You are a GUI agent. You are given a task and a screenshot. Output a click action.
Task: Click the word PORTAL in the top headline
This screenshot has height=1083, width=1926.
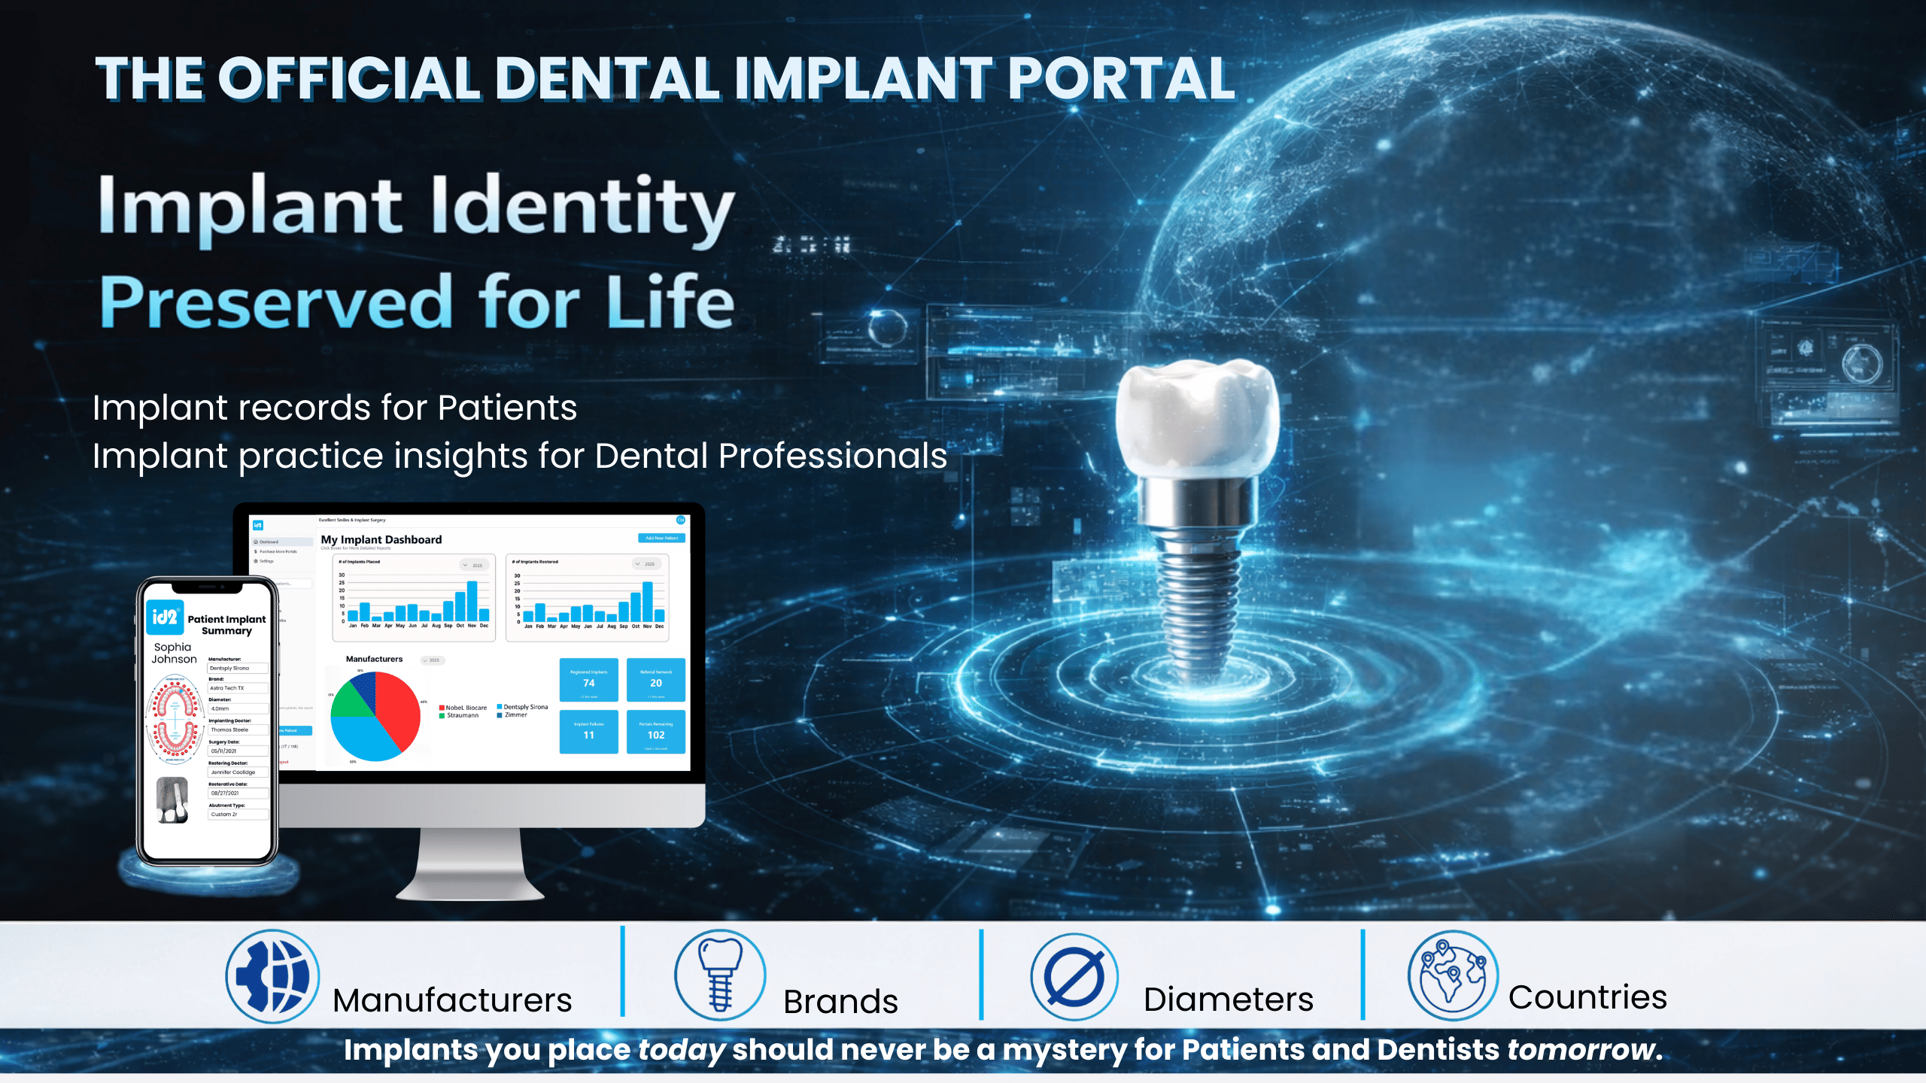(x=1121, y=79)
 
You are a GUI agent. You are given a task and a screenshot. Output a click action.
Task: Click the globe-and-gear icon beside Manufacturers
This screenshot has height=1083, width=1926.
(x=272, y=976)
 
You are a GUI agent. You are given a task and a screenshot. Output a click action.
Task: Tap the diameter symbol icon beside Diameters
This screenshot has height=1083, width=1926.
(x=1074, y=977)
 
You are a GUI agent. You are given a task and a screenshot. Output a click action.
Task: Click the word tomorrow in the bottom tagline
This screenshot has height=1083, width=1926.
(x=1580, y=1049)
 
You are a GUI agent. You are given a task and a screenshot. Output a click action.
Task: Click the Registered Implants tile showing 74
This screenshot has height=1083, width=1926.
(x=588, y=679)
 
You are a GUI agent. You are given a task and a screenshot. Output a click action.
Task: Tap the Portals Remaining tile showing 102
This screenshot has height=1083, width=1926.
(x=656, y=732)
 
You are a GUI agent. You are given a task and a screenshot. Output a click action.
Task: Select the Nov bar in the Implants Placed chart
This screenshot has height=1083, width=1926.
(x=472, y=601)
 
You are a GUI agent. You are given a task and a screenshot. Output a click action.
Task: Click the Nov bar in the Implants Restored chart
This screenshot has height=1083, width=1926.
(x=647, y=602)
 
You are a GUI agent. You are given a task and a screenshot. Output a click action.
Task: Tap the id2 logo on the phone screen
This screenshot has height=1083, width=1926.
(x=164, y=617)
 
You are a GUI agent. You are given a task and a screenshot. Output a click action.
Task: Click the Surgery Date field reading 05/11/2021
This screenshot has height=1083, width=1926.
(x=238, y=751)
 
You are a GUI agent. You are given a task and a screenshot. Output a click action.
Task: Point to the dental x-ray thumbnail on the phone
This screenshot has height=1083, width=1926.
(x=172, y=799)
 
